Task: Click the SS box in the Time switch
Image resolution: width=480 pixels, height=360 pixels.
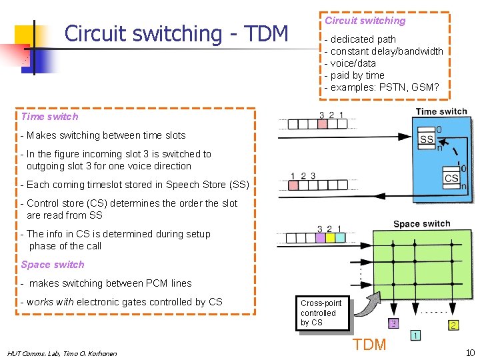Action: (x=427, y=139)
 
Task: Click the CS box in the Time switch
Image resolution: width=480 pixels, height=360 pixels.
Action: (x=451, y=178)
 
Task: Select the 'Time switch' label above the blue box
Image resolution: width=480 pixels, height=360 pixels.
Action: (x=441, y=111)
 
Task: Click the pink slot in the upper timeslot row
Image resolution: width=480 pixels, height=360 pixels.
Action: (x=321, y=124)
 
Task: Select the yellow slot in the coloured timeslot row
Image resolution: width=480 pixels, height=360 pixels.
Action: (x=329, y=237)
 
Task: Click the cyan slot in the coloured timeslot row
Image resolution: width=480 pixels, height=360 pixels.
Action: (x=339, y=237)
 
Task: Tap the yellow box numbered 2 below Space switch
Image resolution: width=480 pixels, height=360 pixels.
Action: (x=453, y=325)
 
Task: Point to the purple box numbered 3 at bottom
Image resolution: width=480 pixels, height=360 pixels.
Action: (x=394, y=324)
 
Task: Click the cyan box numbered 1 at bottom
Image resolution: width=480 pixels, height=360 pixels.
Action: (x=415, y=335)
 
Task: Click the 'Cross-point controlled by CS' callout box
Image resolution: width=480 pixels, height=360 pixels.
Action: (x=322, y=313)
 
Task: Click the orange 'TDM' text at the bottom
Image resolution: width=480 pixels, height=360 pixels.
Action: (x=369, y=345)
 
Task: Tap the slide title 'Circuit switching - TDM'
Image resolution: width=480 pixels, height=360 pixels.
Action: (x=176, y=33)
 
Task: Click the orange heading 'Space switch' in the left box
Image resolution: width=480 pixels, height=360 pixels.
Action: (x=53, y=265)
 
